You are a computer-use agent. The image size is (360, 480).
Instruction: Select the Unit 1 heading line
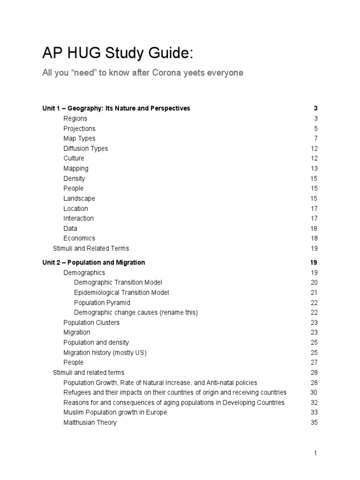116,108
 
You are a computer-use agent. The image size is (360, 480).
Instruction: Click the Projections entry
79,128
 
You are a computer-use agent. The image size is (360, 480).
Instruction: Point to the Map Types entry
79,138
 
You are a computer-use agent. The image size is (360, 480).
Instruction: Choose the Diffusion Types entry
85,149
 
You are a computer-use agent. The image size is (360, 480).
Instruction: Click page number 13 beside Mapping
314,169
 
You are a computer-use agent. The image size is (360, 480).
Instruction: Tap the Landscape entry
79,198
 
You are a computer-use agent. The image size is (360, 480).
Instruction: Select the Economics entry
79,238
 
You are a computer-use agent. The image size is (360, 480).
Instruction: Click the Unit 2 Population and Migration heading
94,262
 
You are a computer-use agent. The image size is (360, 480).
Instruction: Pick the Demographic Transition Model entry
118,283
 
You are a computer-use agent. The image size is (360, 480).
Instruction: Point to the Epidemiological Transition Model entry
121,292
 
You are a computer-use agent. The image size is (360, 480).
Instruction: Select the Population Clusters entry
91,322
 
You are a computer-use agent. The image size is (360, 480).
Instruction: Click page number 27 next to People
314,362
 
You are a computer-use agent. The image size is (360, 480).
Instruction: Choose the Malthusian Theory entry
90,422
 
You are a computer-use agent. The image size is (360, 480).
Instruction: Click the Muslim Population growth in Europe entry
115,412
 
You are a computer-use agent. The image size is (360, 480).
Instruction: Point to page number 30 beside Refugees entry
314,392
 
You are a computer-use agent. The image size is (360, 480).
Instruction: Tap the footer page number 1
315,453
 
